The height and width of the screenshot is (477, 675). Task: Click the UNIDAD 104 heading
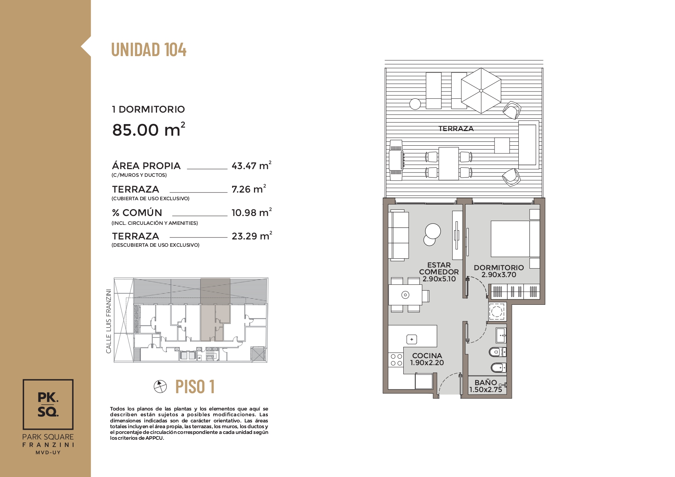click(149, 50)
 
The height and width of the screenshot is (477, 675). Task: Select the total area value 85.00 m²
click(149, 130)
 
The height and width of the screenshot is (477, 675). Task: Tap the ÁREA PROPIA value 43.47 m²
click(252, 165)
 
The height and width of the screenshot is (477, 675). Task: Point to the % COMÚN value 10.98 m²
click(252, 212)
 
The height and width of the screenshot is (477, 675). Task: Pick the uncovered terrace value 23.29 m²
click(252, 236)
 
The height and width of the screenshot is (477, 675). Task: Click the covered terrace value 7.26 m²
click(249, 189)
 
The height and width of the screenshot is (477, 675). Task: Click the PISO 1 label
click(195, 387)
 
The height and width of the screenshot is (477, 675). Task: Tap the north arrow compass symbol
click(160, 386)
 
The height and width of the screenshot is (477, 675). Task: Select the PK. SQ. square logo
click(48, 404)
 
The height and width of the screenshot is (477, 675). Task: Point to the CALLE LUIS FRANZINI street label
click(109, 321)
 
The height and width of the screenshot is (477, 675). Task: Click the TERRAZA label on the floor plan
click(456, 129)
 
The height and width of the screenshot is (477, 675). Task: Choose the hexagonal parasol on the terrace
click(481, 91)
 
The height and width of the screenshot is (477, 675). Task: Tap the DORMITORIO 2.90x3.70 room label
click(499, 271)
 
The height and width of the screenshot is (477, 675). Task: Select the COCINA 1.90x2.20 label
click(427, 359)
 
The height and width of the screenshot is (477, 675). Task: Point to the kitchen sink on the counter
click(412, 339)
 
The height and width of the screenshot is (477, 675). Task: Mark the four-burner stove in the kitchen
click(396, 360)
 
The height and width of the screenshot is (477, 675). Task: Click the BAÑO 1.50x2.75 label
click(486, 386)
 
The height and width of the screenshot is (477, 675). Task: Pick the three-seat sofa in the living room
click(399, 235)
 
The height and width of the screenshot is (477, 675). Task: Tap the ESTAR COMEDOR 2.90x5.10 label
click(439, 272)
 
